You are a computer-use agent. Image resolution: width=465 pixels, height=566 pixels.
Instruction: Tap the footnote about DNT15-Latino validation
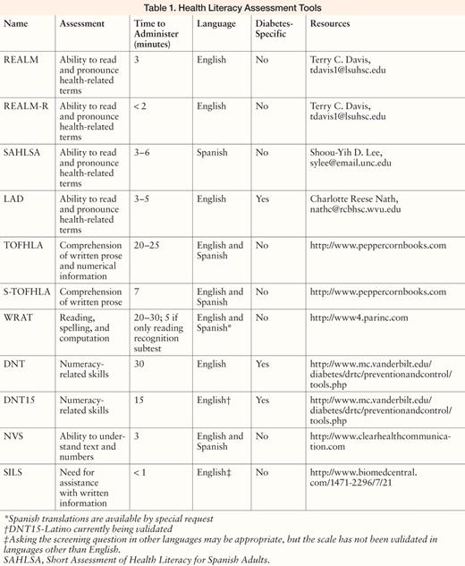click(77, 528)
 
